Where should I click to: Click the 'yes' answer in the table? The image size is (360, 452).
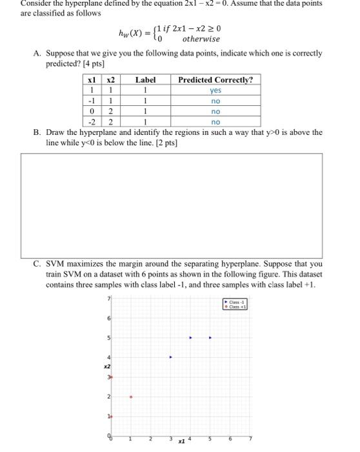coord(215,91)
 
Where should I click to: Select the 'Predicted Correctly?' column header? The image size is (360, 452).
coord(215,80)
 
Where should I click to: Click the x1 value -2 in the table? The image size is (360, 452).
coord(93,121)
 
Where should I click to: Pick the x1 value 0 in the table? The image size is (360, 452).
coord(94,111)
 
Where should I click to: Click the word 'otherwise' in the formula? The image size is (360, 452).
coord(201,39)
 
